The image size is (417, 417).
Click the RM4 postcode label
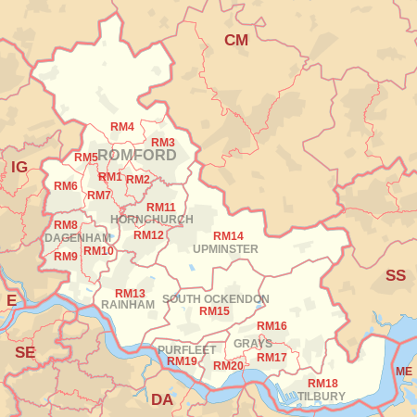pos(122,126)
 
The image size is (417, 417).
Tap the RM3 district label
pos(163,142)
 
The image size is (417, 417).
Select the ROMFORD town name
pos(136,155)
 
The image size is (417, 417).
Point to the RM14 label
pos(228,236)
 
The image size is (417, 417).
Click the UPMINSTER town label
pos(225,249)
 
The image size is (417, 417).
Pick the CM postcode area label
pos(236,40)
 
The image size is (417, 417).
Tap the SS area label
pos(396,275)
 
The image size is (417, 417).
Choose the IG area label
pos(19,167)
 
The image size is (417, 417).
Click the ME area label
pos(404,372)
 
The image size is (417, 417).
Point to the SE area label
pos(25,352)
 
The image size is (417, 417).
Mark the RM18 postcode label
pos(322,384)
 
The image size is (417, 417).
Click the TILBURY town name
pos(322,397)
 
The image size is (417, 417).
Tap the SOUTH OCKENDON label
pos(215,299)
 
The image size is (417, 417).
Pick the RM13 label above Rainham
pos(130,293)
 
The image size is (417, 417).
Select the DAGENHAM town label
pos(78,238)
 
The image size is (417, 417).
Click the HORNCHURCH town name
pos(152,220)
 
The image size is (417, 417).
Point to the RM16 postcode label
pos(272,326)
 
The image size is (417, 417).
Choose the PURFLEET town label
pos(186,349)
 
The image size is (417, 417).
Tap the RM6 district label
pos(66,186)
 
